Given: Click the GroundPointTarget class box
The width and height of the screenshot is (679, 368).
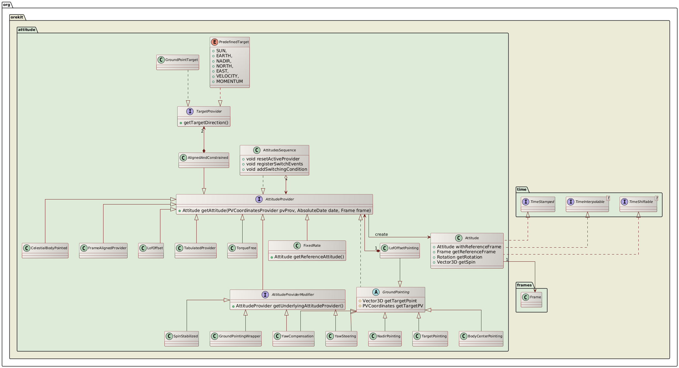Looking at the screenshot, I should tap(178, 62).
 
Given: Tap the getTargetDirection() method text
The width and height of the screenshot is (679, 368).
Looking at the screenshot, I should tap(206, 123).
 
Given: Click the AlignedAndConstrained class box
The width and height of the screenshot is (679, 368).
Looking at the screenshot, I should tap(204, 160).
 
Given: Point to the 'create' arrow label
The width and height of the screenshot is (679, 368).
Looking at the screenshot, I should tap(381, 234).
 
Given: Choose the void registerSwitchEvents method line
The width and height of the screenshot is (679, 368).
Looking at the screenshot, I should tap(274, 164).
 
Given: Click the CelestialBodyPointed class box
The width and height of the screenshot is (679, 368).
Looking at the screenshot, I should tap(45, 250).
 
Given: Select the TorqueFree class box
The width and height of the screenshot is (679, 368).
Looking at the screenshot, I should tap(242, 250).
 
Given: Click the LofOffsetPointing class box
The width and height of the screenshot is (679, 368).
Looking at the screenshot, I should tap(400, 250).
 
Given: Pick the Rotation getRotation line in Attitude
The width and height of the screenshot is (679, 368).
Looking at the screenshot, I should tap(459, 257).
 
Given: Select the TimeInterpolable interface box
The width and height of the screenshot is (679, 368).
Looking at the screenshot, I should tap(587, 204).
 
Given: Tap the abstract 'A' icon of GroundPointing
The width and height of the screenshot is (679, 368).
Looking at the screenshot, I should tap(376, 292).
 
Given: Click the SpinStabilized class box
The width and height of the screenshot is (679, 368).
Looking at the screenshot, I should tap(182, 339).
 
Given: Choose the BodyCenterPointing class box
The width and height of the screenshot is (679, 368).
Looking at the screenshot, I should tap(481, 339).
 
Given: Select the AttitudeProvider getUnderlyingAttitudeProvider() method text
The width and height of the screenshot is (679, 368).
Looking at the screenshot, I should tap(289, 306).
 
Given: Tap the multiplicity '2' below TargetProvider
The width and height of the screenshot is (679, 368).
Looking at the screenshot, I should tap(202, 131).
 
